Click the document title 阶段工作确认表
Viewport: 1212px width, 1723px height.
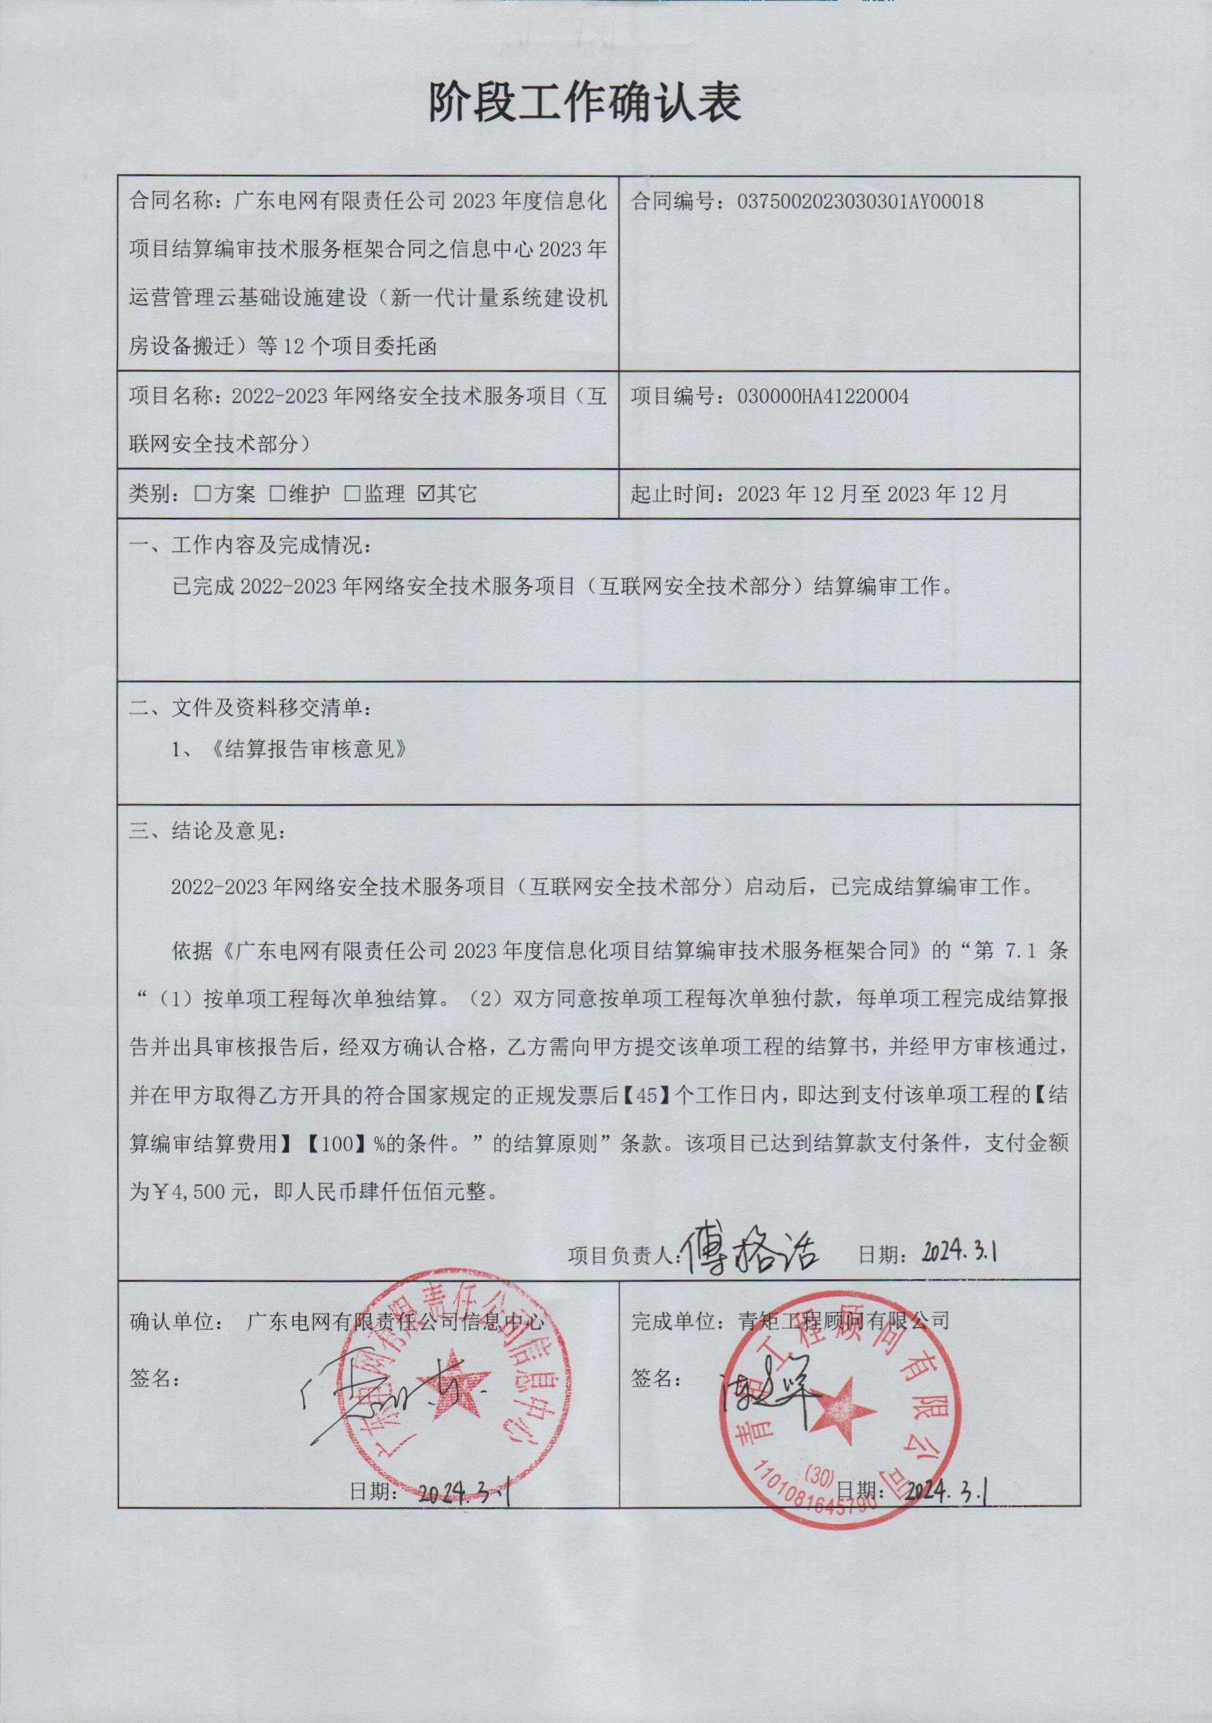584,102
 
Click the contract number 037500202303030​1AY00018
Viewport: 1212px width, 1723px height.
860,201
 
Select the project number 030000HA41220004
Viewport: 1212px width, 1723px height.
823,396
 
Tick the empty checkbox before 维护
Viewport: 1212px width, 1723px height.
278,493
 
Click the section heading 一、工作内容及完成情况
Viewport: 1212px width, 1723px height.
249,545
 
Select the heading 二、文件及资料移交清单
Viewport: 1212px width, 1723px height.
249,707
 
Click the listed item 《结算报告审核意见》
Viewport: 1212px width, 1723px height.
310,749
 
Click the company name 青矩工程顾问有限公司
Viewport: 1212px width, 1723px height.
833,1321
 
